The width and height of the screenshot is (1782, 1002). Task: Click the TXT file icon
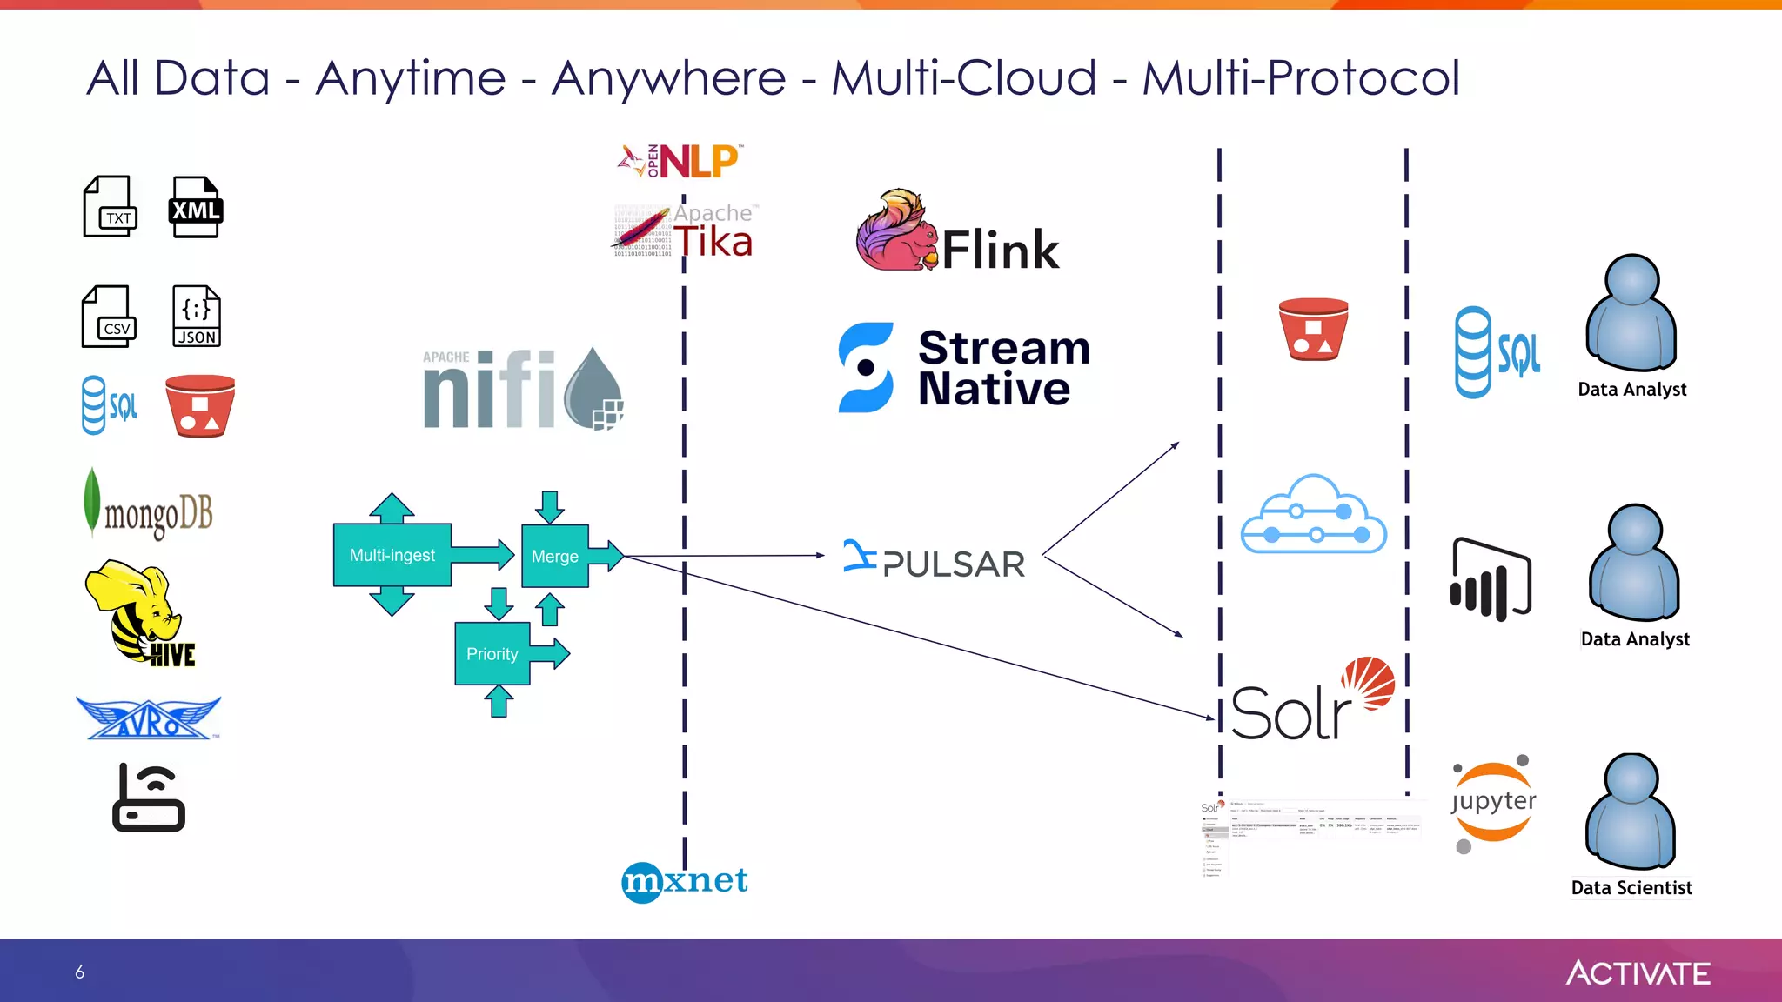(x=110, y=206)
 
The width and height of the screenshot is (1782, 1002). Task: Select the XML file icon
(x=195, y=207)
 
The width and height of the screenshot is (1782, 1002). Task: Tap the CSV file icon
(x=109, y=317)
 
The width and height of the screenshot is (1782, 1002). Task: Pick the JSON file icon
(x=196, y=316)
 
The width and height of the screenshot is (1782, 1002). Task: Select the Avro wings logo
(x=149, y=718)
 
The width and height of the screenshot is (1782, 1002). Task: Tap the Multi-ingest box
(x=392, y=555)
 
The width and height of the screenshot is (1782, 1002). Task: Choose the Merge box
(x=554, y=557)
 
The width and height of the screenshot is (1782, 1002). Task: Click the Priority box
(x=492, y=654)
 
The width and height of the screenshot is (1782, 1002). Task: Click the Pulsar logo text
(x=953, y=564)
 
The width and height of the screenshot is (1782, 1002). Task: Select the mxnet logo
(x=686, y=881)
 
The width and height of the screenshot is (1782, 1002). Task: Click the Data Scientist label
(x=1631, y=888)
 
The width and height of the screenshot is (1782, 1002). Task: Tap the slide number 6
(x=79, y=972)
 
